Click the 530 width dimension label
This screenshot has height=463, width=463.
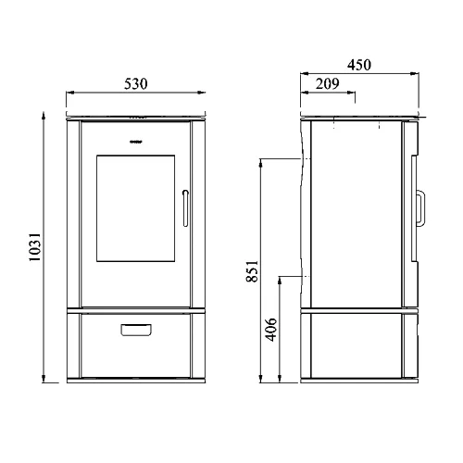pos(136,84)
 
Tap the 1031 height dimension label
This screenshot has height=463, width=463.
pos(35,247)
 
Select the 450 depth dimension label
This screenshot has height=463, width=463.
pos(359,65)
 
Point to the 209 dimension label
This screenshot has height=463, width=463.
pos(327,83)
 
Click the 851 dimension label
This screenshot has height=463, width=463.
pos(252,271)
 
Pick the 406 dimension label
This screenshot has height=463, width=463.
pos(271,330)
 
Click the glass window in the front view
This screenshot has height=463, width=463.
pos(136,208)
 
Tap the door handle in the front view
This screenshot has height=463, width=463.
pos(185,208)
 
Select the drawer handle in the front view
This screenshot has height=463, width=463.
pos(136,330)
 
